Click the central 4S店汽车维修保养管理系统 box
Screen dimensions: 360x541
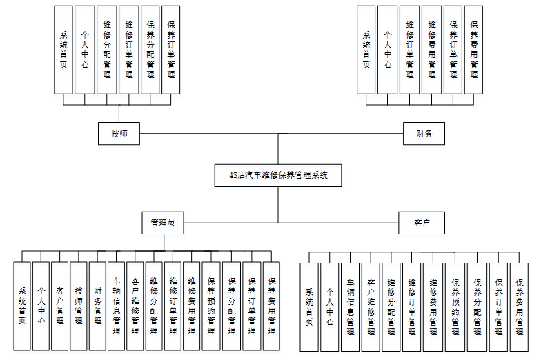click(278, 175)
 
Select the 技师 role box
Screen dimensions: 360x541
click(119, 134)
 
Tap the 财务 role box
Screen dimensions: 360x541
click(424, 134)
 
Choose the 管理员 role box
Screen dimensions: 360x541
click(163, 222)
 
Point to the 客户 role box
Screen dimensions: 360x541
click(421, 223)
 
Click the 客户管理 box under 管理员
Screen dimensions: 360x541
click(60, 306)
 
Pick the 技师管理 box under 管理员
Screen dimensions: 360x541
click(79, 306)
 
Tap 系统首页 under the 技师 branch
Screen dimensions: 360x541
click(63, 50)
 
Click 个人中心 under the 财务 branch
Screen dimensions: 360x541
click(388, 50)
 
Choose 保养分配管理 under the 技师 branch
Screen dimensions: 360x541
click(150, 50)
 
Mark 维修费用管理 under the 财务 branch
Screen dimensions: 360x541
click(432, 50)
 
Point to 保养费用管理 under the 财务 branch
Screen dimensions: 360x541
click(474, 50)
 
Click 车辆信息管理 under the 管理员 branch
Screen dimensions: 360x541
click(117, 306)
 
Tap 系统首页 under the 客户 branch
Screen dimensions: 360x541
click(310, 307)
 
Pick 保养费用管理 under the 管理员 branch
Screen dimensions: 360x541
click(271, 306)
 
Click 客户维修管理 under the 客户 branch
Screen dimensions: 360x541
click(371, 307)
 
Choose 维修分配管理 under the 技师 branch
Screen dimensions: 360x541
click(107, 50)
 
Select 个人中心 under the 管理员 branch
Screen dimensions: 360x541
click(41, 306)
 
